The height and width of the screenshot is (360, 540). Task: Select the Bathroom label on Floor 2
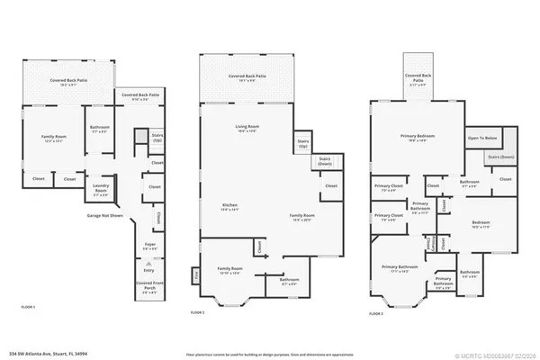point(290,282)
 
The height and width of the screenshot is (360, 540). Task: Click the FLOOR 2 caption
point(198,310)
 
